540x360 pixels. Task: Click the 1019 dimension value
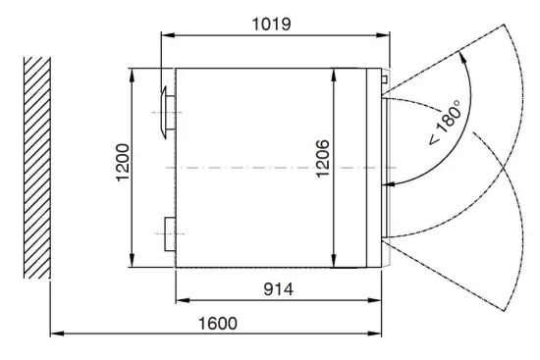click(271, 25)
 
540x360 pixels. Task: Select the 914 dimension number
click(278, 289)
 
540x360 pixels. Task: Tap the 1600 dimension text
click(218, 324)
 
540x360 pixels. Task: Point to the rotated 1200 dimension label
click(123, 163)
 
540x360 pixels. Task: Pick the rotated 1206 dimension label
click(323, 158)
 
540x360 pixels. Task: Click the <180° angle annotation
click(445, 123)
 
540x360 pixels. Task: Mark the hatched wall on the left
click(37, 168)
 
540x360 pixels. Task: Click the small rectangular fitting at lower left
click(170, 234)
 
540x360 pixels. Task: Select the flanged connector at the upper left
click(169, 113)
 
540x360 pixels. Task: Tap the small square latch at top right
click(384, 79)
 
